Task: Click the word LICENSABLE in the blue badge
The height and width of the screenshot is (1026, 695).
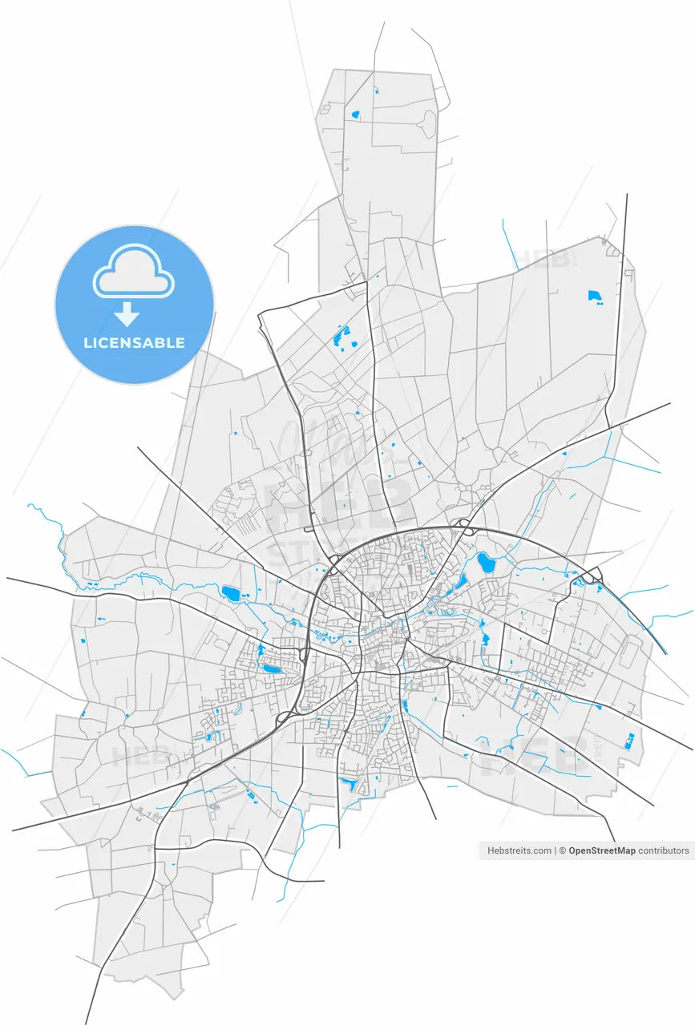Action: point(134,343)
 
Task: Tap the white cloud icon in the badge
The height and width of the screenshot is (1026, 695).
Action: point(134,273)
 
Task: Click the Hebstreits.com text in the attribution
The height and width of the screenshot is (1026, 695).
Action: point(519,850)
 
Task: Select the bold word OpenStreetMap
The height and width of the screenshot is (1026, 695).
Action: point(601,850)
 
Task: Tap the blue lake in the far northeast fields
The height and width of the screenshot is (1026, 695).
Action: point(595,297)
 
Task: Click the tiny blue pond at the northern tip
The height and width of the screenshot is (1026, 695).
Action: point(354,115)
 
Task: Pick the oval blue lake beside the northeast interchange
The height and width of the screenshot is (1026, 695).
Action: point(486,562)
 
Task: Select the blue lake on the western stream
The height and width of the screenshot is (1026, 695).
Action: point(231,593)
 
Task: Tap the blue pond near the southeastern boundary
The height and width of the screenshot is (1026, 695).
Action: point(629,741)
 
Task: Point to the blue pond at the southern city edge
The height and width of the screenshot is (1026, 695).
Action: point(349,783)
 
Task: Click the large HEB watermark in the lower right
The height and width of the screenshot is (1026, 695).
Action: point(533,753)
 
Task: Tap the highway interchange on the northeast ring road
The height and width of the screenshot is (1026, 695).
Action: point(463,527)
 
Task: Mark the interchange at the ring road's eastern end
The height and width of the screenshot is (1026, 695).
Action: point(592,576)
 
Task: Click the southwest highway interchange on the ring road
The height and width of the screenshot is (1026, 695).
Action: point(285,718)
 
